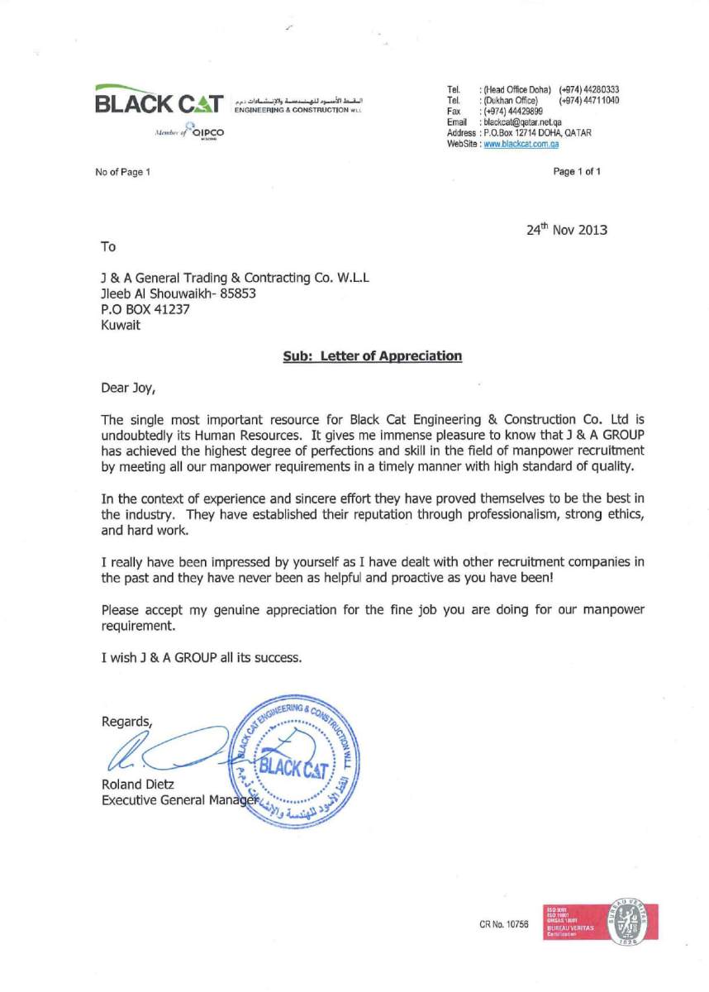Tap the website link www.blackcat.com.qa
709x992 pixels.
pyautogui.click(x=522, y=144)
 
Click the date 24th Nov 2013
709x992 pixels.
pyautogui.click(x=566, y=230)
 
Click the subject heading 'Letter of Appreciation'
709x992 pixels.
pyautogui.click(x=373, y=355)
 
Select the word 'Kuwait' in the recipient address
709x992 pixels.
pyautogui.click(x=121, y=325)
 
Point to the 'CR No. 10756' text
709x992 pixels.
pyautogui.click(x=503, y=924)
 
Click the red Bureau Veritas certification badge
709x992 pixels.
pyautogui.click(x=600, y=922)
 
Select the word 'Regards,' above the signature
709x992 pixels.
pyautogui.click(x=126, y=721)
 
